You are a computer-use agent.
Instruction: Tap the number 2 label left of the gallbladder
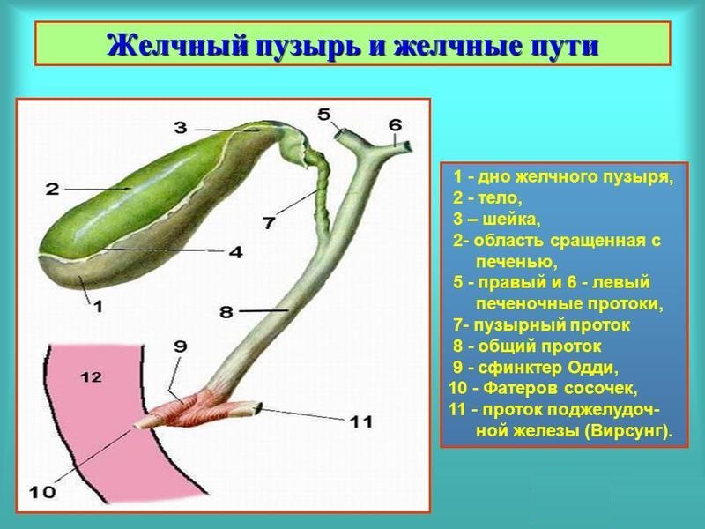[52, 188]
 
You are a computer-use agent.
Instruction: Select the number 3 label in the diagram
[180, 128]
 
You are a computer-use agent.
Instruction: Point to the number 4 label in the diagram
[235, 252]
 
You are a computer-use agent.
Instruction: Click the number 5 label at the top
[324, 114]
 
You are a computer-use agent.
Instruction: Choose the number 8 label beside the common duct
[226, 311]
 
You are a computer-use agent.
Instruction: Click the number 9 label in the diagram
[180, 347]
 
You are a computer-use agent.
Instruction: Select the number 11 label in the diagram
[360, 422]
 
